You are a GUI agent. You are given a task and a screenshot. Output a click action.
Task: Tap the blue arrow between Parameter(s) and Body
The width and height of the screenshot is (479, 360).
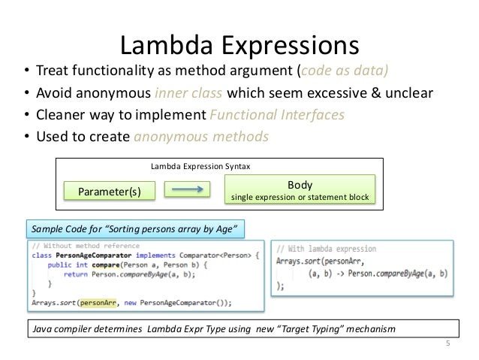coord(184,191)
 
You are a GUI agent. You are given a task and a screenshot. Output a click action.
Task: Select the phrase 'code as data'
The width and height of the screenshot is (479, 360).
coord(345,72)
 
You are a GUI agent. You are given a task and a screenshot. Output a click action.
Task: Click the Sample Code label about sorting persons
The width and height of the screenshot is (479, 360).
coord(135,228)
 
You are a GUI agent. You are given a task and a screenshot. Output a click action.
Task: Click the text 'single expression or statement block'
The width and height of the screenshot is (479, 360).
coord(300,198)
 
